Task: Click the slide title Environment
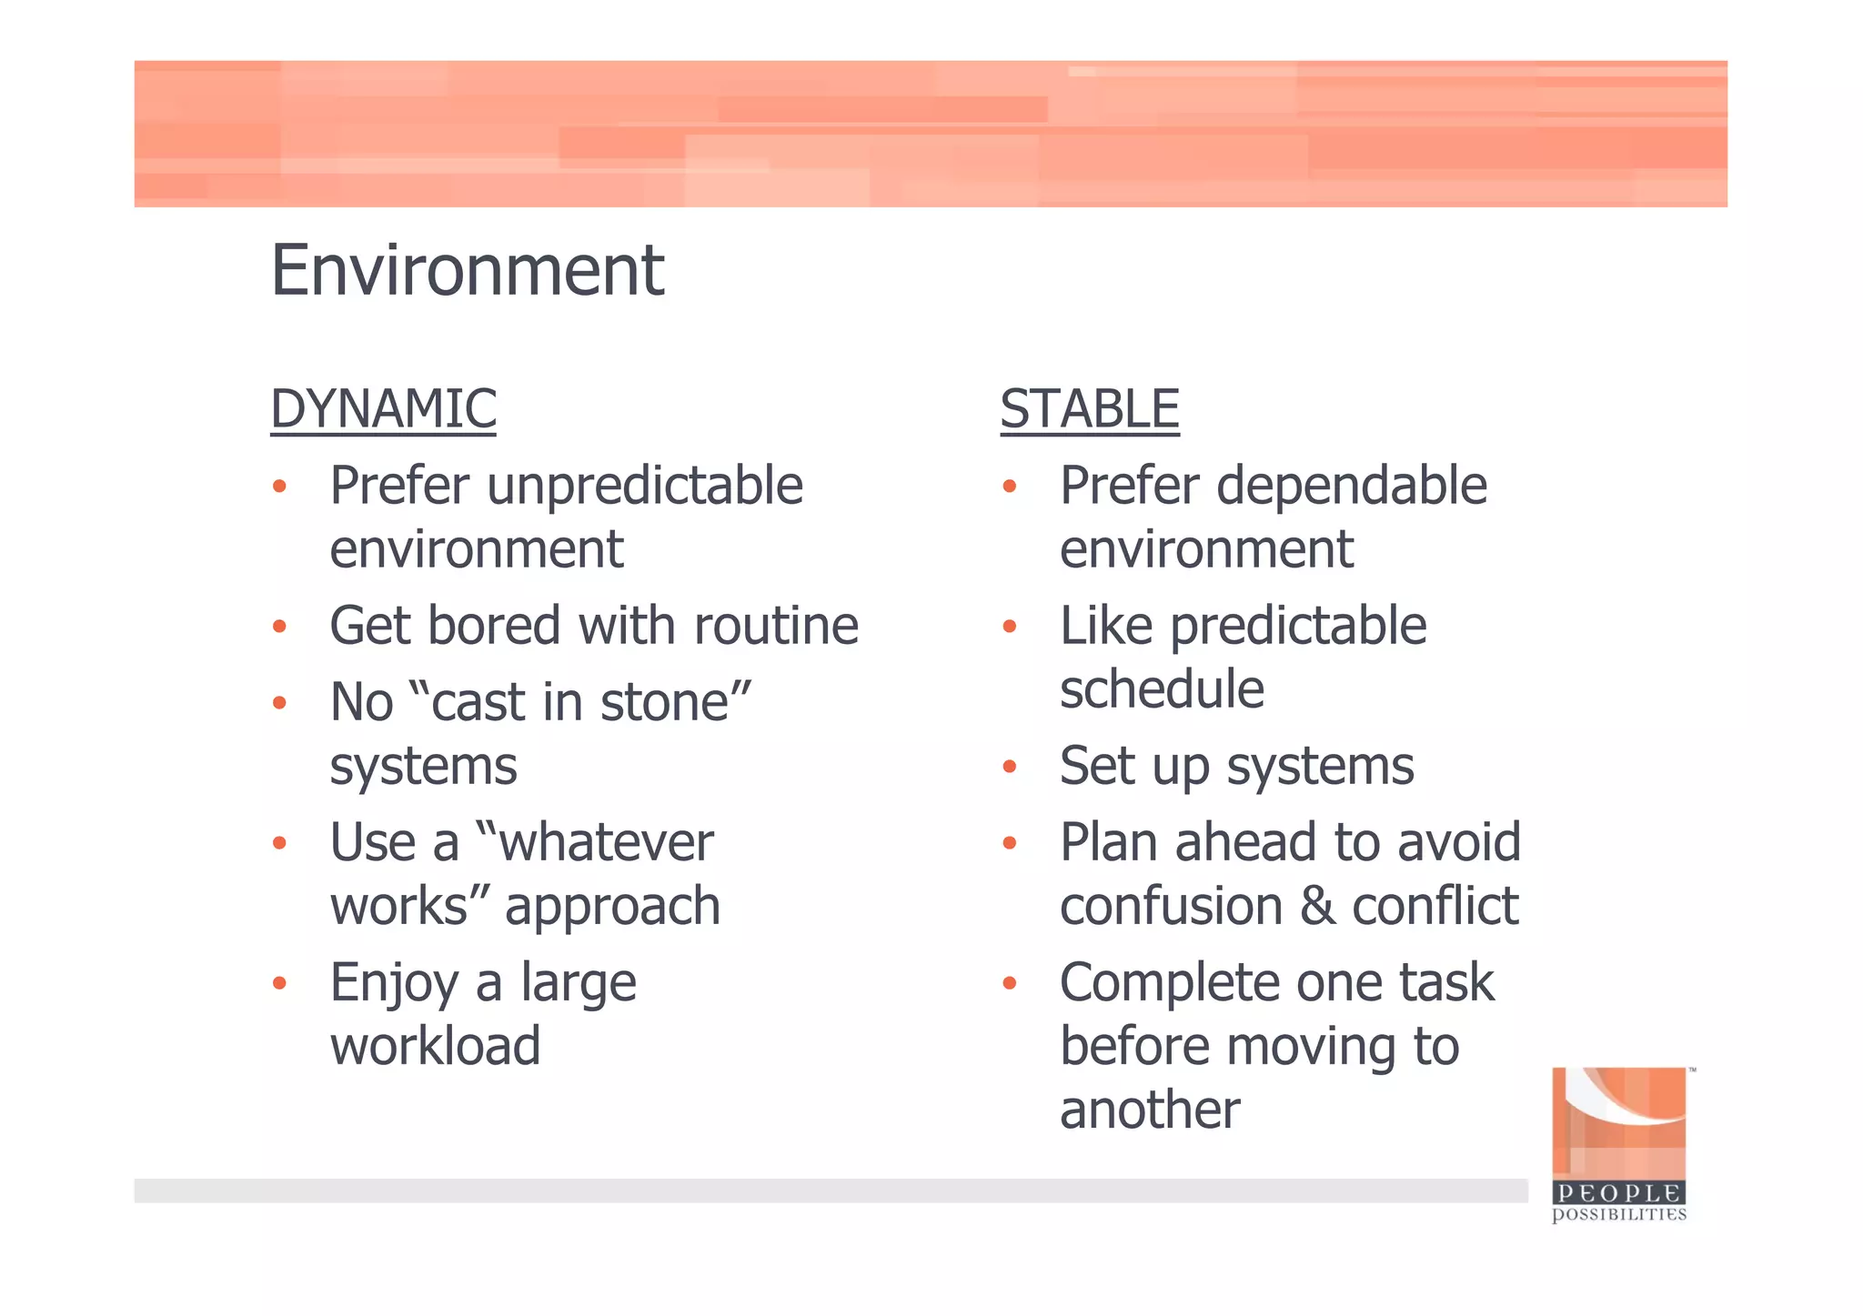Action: click(467, 271)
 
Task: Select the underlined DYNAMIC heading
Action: click(383, 409)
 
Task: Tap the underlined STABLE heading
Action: click(1089, 409)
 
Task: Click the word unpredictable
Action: click(645, 485)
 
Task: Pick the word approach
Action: click(612, 908)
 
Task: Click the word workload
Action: click(435, 1046)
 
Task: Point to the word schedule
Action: click(1162, 689)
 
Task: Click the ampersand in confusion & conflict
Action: click(1317, 907)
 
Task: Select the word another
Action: click(1150, 1110)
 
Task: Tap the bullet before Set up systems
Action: click(1009, 767)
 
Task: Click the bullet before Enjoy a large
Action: click(279, 983)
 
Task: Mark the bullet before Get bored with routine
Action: click(279, 627)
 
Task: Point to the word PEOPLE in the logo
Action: click(1618, 1193)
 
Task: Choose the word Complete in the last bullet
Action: click(1171, 983)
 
